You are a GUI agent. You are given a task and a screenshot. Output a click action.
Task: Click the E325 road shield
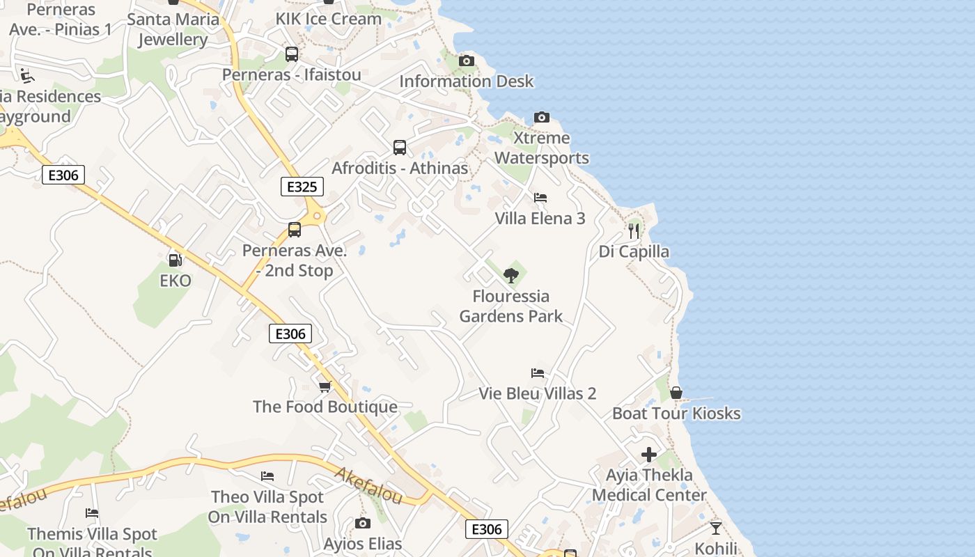click(x=302, y=187)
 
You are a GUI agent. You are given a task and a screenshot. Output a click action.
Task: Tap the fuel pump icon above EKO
click(x=175, y=260)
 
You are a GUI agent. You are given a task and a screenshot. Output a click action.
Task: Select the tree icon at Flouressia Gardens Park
click(x=511, y=275)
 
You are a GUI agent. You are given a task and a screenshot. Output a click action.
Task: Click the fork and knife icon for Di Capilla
click(x=633, y=230)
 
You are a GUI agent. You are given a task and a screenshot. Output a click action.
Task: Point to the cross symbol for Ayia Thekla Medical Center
click(x=649, y=455)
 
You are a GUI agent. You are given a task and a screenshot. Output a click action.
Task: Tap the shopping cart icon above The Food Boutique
click(x=325, y=386)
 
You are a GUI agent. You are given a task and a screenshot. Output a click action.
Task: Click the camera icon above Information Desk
click(x=467, y=61)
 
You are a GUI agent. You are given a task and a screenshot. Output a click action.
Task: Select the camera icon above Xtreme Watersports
click(x=542, y=117)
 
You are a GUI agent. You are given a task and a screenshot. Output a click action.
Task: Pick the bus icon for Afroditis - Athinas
click(x=399, y=148)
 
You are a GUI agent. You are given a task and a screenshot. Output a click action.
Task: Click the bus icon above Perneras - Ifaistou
click(x=292, y=54)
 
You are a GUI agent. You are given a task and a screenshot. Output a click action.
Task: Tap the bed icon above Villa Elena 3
click(x=540, y=198)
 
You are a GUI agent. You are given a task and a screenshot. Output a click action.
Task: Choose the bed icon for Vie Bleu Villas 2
click(x=537, y=373)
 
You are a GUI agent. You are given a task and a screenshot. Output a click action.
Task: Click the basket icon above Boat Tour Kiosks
click(x=676, y=393)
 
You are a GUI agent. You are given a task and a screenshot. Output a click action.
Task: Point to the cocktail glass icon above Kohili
click(x=715, y=528)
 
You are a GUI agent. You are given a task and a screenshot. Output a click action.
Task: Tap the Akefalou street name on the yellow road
click(x=368, y=485)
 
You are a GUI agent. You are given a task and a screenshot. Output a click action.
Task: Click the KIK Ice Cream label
click(x=329, y=19)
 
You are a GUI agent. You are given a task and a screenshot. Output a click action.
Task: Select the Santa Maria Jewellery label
click(x=173, y=29)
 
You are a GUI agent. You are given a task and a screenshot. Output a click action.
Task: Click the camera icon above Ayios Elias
click(x=362, y=523)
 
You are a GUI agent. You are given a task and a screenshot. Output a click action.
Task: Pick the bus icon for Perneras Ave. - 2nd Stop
click(x=295, y=230)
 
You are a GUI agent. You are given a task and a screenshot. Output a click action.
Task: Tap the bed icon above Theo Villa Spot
click(x=267, y=476)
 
